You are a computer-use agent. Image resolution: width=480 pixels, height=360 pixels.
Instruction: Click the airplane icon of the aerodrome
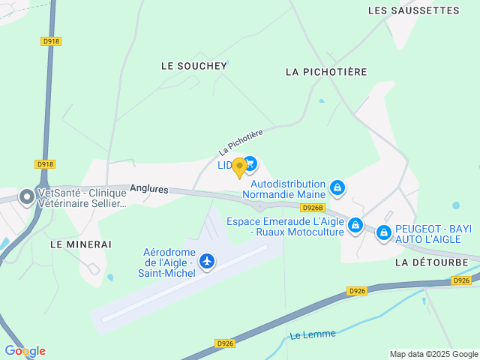pos(207,261)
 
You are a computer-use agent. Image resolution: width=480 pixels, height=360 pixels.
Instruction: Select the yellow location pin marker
pos(239,167)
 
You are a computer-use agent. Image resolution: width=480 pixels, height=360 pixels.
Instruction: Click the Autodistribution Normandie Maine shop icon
pos(337,187)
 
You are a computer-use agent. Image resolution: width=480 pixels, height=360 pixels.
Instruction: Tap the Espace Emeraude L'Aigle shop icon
pos(355,224)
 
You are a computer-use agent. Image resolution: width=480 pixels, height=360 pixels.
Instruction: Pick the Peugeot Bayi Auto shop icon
pos(384,233)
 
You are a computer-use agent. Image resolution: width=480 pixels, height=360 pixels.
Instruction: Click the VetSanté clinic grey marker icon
pos(27,197)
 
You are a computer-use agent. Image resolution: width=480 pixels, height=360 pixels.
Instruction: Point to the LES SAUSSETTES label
pos(414,10)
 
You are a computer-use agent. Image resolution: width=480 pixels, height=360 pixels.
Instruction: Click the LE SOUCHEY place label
pos(193,66)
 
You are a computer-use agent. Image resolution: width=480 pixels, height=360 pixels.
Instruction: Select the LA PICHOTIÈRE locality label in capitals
pos(326,72)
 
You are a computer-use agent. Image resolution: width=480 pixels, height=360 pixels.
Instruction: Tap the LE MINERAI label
pos(80,244)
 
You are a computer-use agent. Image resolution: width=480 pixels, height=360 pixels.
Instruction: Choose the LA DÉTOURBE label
pos(431,262)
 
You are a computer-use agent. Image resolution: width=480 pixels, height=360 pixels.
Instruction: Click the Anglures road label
pos(148,190)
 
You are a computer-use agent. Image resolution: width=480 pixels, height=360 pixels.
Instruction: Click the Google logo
pos(25,351)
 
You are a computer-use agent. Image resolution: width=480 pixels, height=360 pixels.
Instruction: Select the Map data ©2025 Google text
pos(433,354)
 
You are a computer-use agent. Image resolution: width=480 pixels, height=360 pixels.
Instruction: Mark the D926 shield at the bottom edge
pos(225,343)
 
